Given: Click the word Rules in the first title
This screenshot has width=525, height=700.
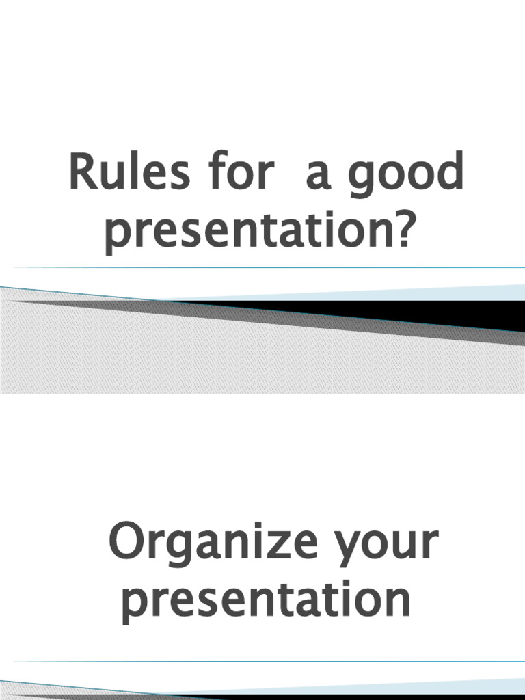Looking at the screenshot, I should pyautogui.click(x=120, y=174).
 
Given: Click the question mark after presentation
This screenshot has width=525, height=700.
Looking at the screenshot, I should pyautogui.click(x=405, y=232).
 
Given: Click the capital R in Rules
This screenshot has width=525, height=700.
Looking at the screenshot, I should pyautogui.click(x=82, y=174).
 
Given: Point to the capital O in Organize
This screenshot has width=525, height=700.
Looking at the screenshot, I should pyautogui.click(x=129, y=543).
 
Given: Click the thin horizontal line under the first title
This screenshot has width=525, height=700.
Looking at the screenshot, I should pyautogui.click(x=262, y=267).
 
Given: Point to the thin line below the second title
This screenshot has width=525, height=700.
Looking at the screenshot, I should pyautogui.click(x=262, y=661).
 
